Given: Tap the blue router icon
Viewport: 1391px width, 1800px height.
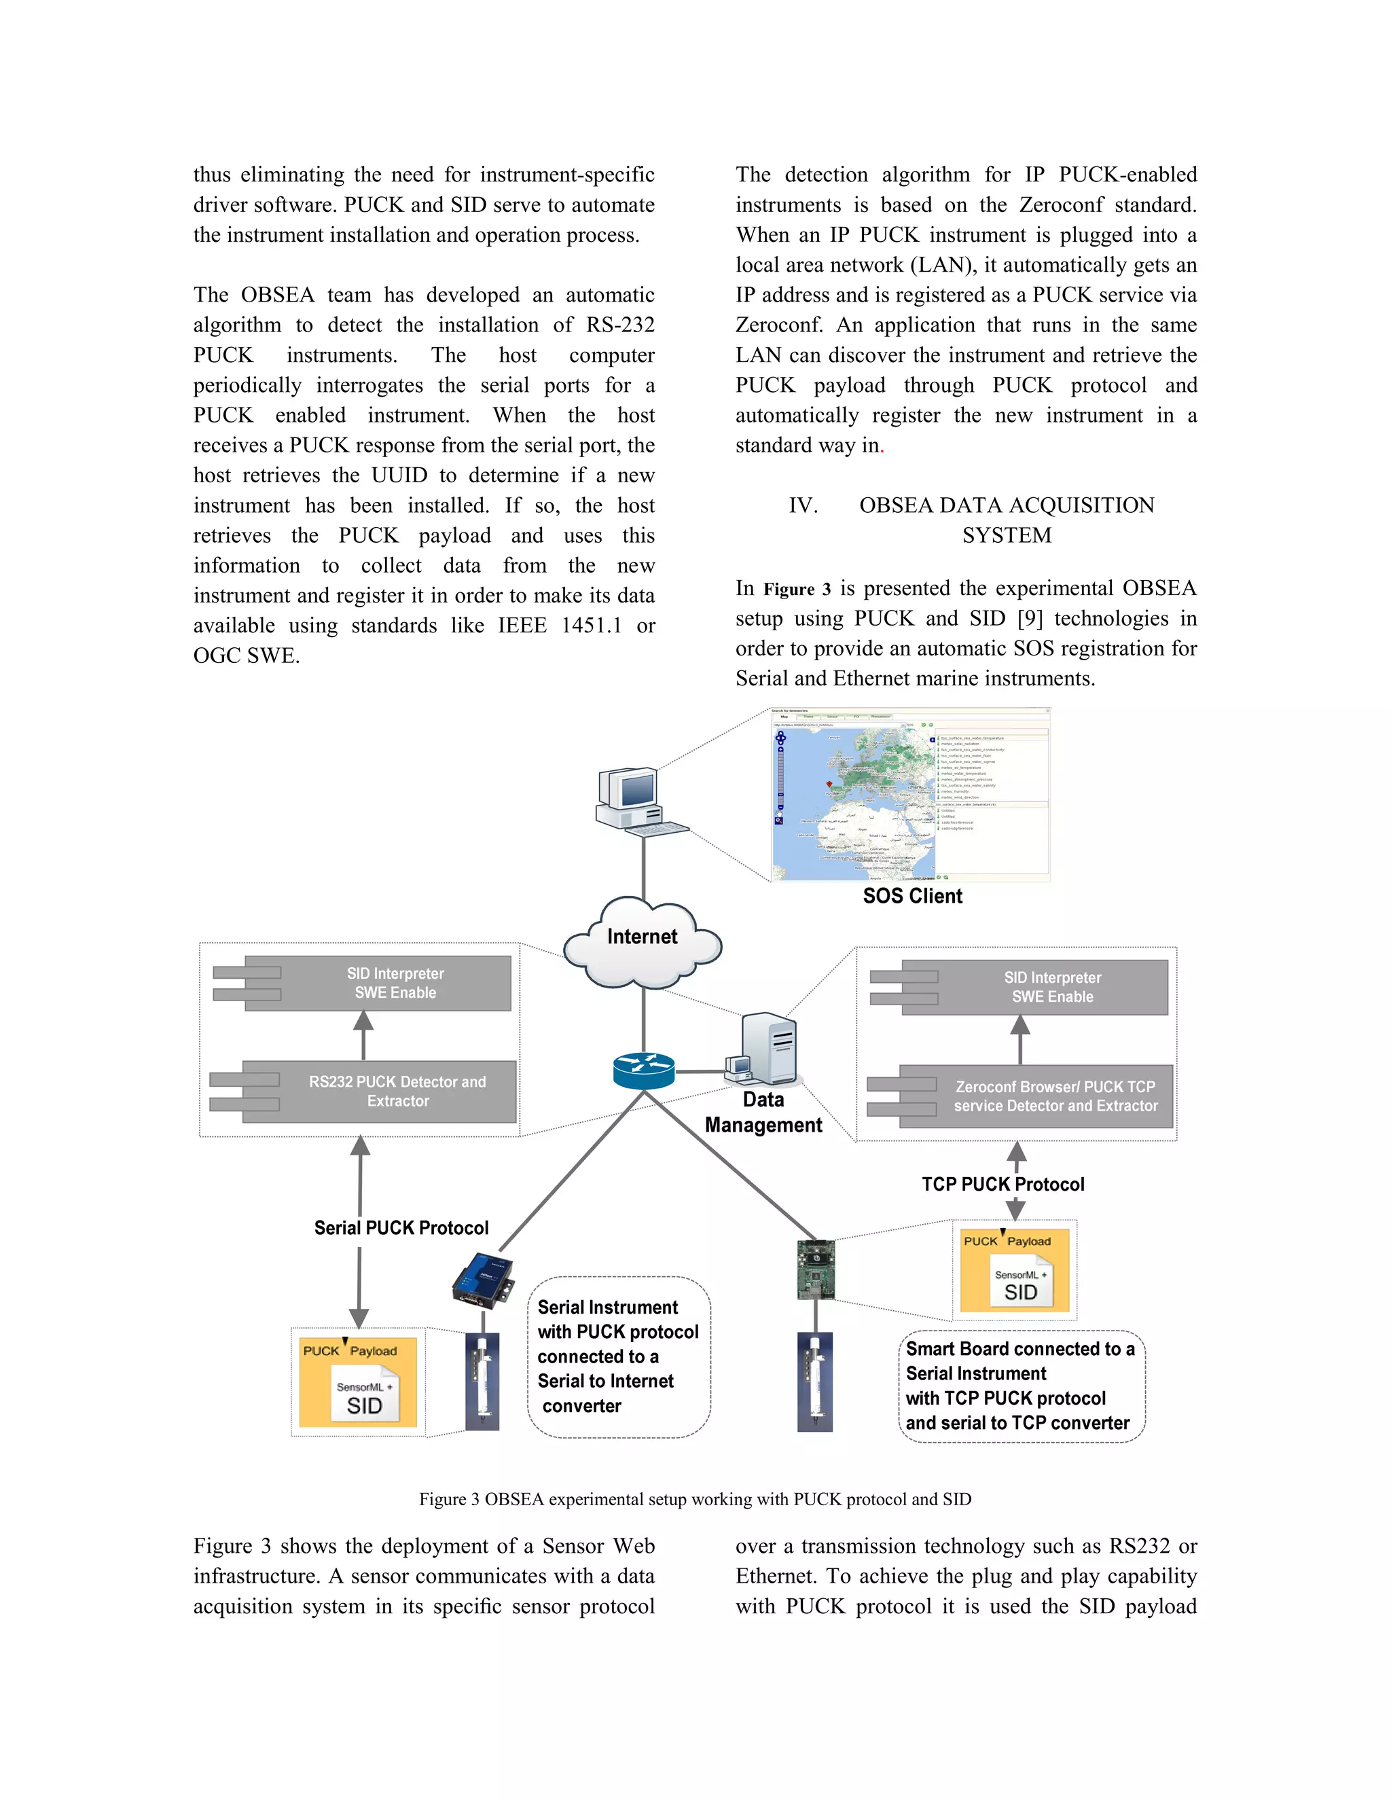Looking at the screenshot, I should pos(644,1070).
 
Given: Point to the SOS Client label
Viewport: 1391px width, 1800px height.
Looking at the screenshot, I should pos(912,896).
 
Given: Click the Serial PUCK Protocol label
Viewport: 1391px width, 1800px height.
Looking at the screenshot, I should pos(401,1228).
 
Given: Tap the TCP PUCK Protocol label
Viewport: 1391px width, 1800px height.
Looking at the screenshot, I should pos(1003,1185).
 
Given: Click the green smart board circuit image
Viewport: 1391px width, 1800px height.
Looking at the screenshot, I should pos(816,1270).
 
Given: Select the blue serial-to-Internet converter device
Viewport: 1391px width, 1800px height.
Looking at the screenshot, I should pos(483,1280).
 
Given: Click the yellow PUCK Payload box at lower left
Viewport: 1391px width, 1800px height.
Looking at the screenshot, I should pos(358,1382).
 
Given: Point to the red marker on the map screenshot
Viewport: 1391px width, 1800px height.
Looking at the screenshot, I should pos(829,785).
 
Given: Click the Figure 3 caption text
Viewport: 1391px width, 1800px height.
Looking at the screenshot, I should pos(695,1499).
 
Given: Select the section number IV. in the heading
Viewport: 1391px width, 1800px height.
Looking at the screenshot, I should pos(803,505).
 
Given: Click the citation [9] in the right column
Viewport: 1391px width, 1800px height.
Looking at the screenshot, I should pos(1029,618).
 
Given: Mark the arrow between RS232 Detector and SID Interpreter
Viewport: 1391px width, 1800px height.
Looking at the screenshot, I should pos(363,1035).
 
